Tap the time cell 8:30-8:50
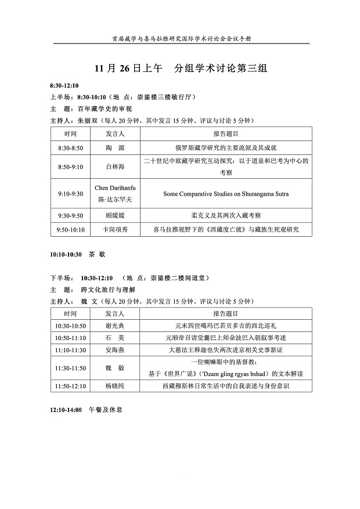pyautogui.click(x=70, y=148)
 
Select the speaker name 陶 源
pyautogui.click(x=115, y=148)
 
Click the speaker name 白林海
pyautogui.click(x=115, y=166)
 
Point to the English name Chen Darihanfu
pyautogui.click(x=115, y=189)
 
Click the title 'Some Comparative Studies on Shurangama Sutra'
pyautogui.click(x=226, y=194)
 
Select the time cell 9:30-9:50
pyautogui.click(x=70, y=215)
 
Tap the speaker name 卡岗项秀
pyautogui.click(x=115, y=230)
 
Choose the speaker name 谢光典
pyautogui.click(x=115, y=326)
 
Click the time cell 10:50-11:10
pyautogui.click(x=70, y=338)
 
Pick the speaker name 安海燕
pyautogui.click(x=115, y=351)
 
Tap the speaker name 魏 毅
pyautogui.click(x=115, y=368)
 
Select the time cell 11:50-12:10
pyautogui.click(x=70, y=385)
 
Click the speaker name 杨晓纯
pyautogui.click(x=115, y=385)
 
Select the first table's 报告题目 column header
pyautogui.click(x=226, y=133)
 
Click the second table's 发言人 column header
pyautogui.click(x=115, y=313)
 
